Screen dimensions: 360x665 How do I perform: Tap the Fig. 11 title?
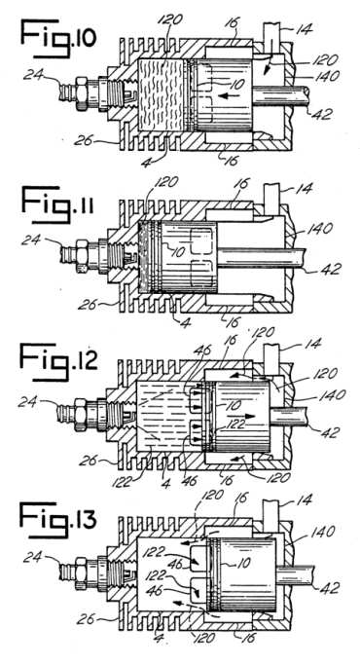[57, 204]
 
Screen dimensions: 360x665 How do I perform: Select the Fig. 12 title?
[59, 361]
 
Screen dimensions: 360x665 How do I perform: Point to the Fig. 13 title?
[58, 520]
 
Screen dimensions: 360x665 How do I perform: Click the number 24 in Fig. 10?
[33, 76]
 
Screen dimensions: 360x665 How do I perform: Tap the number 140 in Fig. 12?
[333, 394]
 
